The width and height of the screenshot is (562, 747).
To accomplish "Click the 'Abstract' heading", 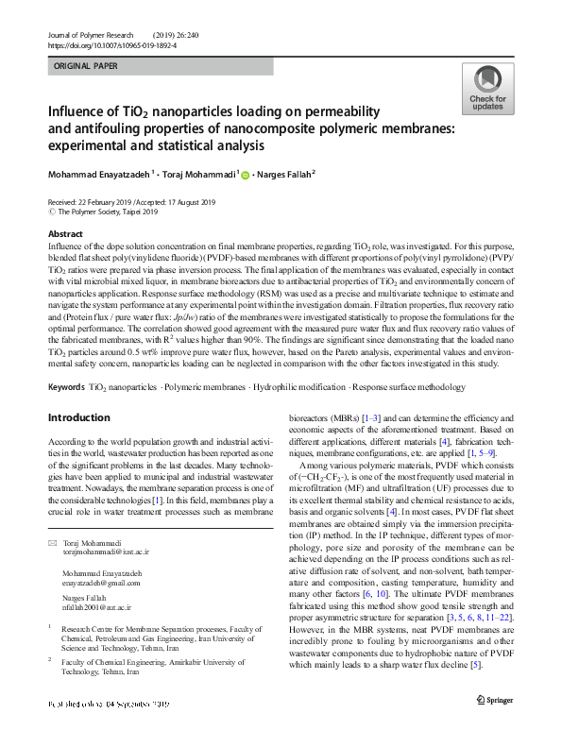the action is coord(65,233).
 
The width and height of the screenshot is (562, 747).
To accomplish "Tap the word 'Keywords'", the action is coord(65,388).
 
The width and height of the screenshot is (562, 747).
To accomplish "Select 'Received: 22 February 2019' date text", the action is coord(90,202).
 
